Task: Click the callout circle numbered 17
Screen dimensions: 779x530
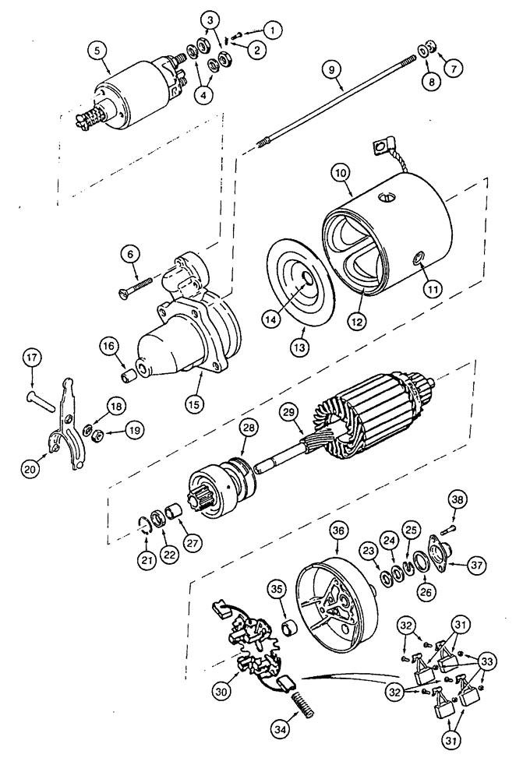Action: pyautogui.click(x=31, y=359)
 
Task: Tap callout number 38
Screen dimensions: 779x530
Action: pyautogui.click(x=458, y=499)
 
